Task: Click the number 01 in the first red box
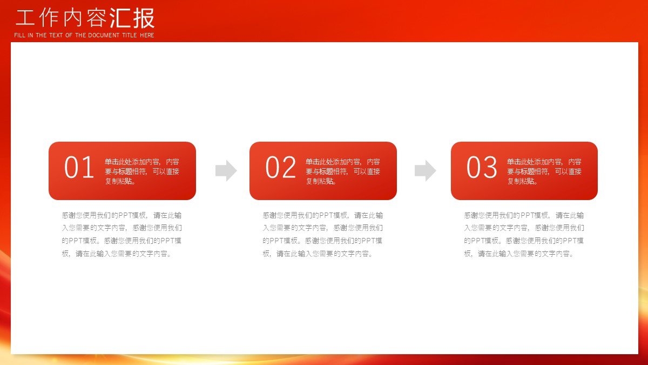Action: coord(79,167)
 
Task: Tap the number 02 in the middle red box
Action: coord(280,167)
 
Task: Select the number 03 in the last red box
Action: coord(482,167)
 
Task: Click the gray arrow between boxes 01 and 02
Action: coord(226,171)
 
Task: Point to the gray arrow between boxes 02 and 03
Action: coord(426,171)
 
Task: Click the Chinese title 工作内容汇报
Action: coord(85,18)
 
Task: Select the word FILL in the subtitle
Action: coord(19,35)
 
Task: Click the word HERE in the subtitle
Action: coord(147,35)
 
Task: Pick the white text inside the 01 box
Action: coord(141,171)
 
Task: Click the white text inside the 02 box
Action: coord(343,171)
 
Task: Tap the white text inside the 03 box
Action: coord(544,171)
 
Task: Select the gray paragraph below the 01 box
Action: coord(122,234)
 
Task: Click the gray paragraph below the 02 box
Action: coord(322,234)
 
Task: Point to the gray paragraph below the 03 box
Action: coord(524,234)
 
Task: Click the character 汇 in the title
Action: coord(120,18)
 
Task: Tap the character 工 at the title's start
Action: coord(25,18)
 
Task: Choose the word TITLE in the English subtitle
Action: coord(129,35)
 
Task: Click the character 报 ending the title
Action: coord(144,18)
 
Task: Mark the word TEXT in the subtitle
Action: coord(56,35)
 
